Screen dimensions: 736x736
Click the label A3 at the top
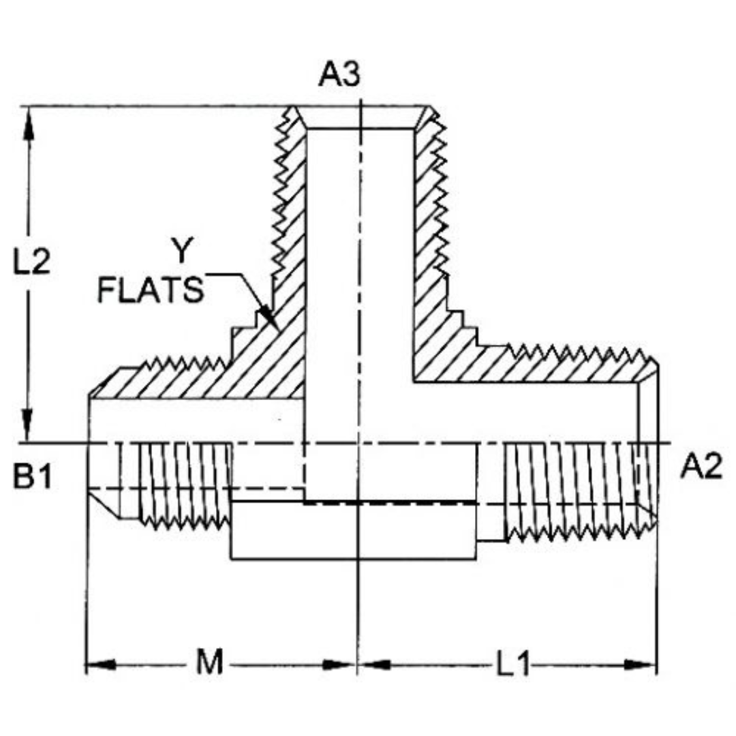[339, 74]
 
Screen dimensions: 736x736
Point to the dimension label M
[210, 663]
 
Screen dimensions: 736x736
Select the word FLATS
[151, 290]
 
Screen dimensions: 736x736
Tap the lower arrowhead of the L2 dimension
[28, 436]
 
